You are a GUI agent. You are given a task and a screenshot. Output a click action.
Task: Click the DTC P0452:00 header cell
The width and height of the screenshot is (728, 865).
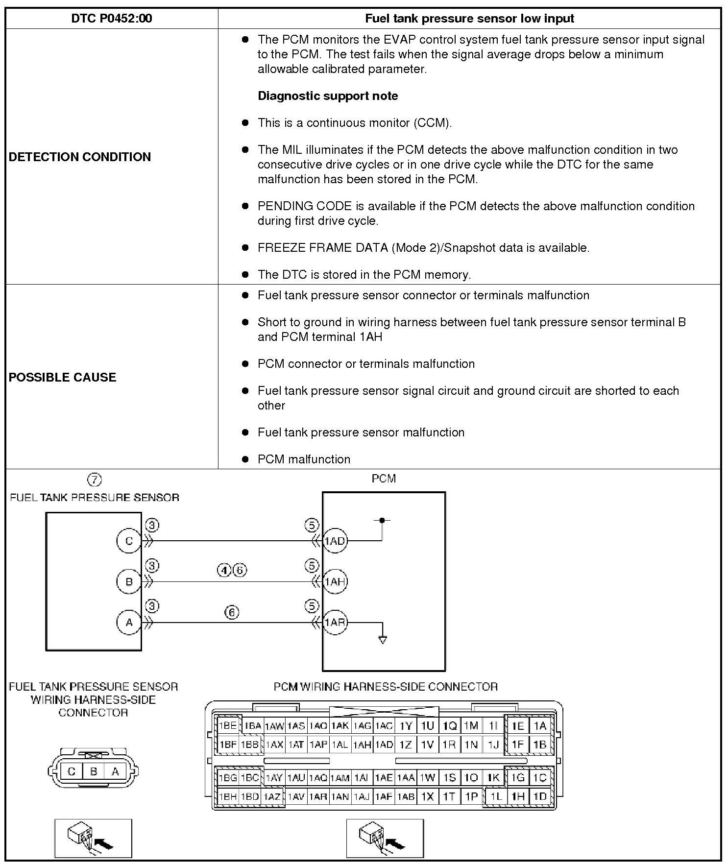[112, 19]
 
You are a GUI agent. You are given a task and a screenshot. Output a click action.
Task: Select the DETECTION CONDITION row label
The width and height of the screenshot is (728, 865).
[80, 157]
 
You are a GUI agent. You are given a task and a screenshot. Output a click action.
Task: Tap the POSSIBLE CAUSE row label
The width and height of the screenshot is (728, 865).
[63, 377]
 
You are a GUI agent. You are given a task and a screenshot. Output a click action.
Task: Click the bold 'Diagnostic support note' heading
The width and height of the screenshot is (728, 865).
[328, 96]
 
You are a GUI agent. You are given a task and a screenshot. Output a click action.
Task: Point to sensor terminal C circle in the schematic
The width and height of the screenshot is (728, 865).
[129, 541]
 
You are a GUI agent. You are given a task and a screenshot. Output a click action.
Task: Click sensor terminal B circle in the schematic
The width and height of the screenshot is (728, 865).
[129, 581]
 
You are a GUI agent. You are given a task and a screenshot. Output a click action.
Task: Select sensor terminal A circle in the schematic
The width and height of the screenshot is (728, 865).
[129, 622]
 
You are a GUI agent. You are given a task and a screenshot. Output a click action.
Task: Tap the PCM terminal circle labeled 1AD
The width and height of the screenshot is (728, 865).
[335, 541]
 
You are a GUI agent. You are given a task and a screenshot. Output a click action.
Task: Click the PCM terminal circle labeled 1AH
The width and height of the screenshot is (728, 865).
[335, 581]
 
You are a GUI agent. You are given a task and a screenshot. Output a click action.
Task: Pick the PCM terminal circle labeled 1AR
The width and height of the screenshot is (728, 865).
[335, 622]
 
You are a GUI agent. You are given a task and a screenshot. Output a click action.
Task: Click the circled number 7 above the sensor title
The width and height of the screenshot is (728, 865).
[94, 479]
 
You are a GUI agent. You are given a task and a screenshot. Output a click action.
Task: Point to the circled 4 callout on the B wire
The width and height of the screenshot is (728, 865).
[224, 570]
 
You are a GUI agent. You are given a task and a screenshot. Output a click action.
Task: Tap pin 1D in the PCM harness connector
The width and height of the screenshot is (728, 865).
[540, 796]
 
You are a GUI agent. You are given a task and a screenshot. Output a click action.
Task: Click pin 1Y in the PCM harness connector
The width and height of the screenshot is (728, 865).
[406, 726]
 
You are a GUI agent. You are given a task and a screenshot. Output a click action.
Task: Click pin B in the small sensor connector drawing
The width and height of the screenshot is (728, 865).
[93, 771]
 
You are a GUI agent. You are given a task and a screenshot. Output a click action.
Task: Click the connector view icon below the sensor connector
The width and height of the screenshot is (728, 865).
[93, 838]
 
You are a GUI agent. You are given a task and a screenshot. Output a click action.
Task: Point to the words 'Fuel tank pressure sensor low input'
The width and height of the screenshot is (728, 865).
[469, 19]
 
